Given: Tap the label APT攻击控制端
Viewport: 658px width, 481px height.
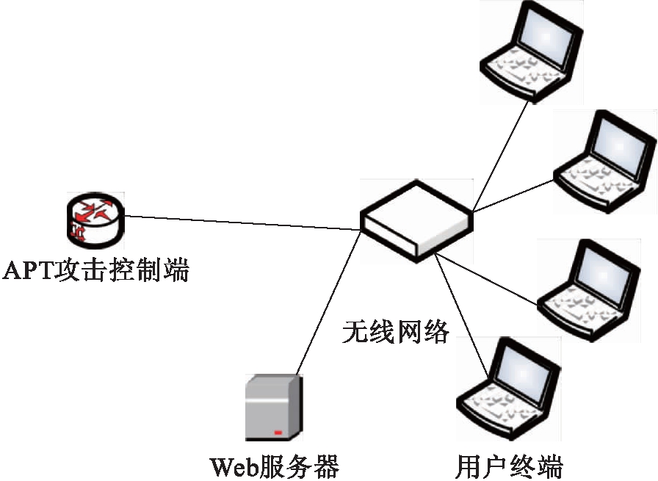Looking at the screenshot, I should [96, 270].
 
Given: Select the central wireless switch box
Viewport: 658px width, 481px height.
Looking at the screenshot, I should [416, 220].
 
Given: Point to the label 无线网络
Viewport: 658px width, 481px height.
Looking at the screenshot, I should [396, 332].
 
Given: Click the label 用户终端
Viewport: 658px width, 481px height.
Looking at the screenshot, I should [509, 466].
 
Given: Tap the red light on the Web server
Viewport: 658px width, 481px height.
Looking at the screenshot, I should [278, 433].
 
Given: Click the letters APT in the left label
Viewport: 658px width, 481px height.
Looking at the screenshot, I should [29, 271].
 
